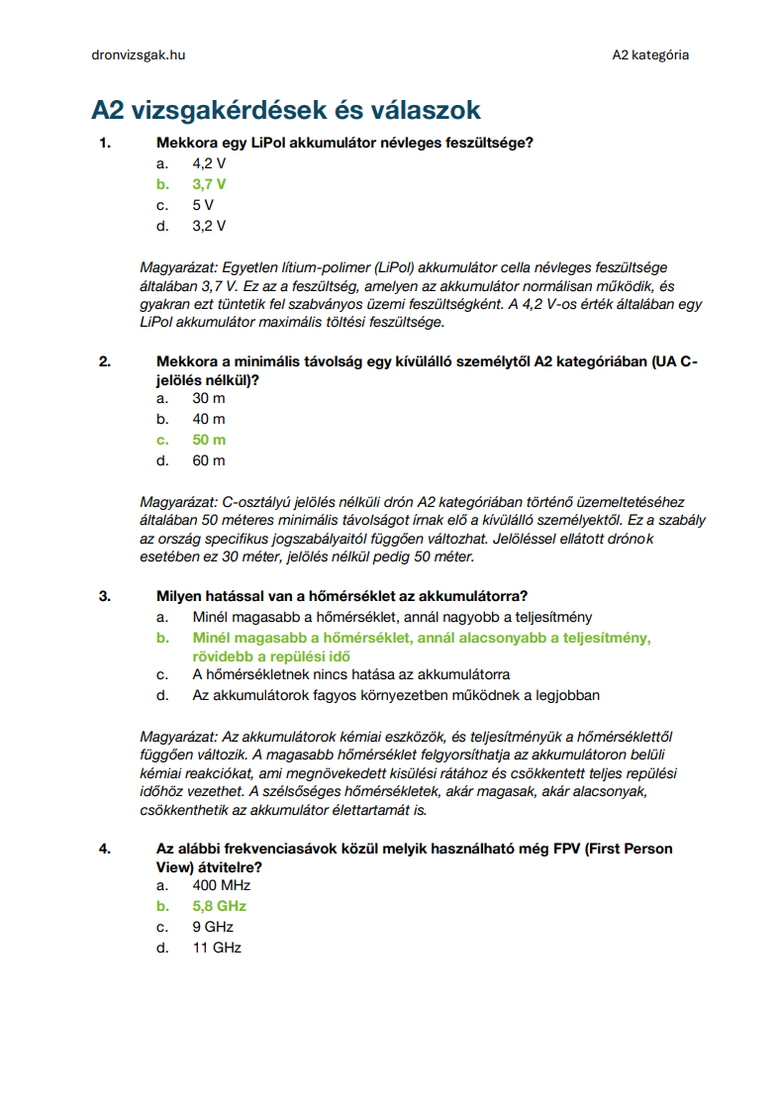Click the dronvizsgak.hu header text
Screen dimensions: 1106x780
point(139,55)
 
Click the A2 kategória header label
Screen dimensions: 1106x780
point(650,55)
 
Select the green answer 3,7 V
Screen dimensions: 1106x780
point(209,184)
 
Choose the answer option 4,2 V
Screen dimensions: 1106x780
point(209,163)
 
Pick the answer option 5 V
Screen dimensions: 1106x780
point(203,205)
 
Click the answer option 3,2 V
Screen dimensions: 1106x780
point(209,226)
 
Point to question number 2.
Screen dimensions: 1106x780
point(105,361)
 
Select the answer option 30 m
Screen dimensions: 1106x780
point(209,398)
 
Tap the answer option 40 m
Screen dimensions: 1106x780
point(209,419)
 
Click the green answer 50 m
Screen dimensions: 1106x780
point(209,440)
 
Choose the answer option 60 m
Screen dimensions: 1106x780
point(209,460)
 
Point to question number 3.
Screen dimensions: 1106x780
point(105,596)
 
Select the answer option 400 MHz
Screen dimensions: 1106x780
point(222,885)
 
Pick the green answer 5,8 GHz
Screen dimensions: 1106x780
point(220,906)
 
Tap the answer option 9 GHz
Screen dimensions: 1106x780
point(213,927)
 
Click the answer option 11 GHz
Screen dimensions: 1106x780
point(217,948)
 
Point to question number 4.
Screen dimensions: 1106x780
point(105,849)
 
